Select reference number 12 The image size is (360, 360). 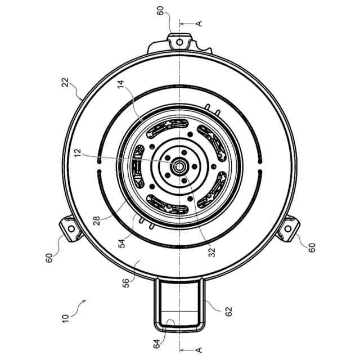[x=78, y=153]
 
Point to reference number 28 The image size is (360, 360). [x=97, y=220]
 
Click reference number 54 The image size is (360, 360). [x=122, y=244]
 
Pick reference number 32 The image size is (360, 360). [x=213, y=252]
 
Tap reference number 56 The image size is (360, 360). [x=126, y=283]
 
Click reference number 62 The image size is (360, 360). [x=229, y=311]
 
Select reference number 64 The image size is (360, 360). [x=157, y=344]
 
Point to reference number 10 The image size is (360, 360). [x=65, y=318]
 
